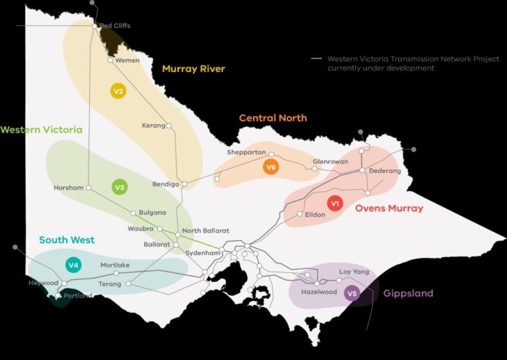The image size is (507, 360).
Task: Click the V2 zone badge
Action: point(118,91)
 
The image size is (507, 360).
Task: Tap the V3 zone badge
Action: point(119,188)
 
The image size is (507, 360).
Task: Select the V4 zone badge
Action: point(74,266)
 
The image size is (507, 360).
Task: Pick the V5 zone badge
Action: point(352,294)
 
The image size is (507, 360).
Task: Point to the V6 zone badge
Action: point(270,167)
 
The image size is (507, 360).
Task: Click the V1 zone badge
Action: point(335,204)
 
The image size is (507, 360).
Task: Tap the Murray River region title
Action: point(193,69)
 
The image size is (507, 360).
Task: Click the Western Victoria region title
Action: point(41,129)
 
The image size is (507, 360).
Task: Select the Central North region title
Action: point(273,118)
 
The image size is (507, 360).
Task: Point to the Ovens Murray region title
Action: point(389,209)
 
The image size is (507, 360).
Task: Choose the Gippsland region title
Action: point(408,293)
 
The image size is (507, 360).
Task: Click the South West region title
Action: point(67,240)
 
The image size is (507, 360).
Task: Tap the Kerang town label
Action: point(153,126)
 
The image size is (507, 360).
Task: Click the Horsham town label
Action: point(69,188)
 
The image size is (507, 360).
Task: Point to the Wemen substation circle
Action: point(112,60)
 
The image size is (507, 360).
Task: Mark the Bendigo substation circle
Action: point(185,184)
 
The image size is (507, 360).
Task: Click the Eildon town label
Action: point(315,215)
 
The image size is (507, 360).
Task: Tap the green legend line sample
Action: point(317,58)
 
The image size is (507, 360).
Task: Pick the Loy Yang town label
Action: point(354,271)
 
